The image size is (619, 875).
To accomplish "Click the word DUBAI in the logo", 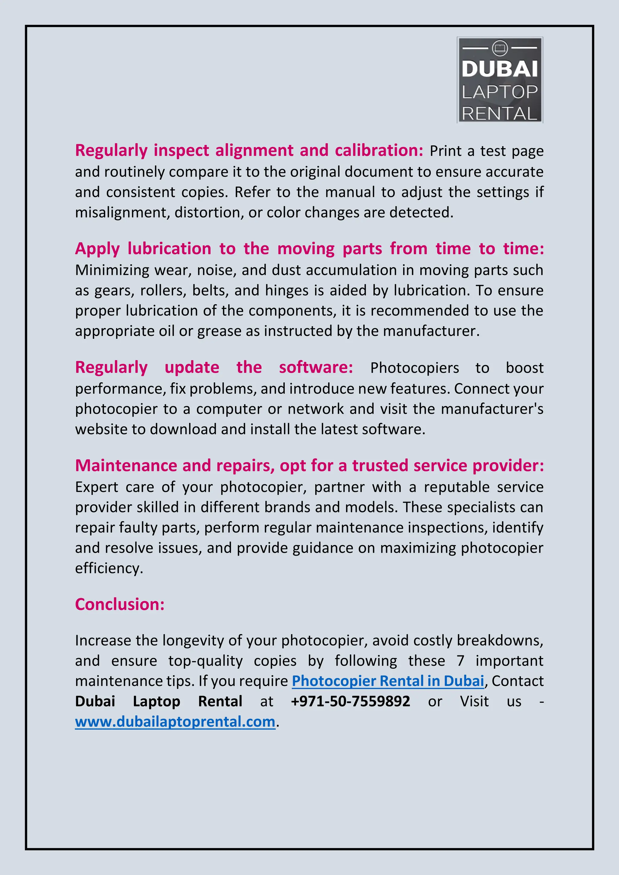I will coord(499,69).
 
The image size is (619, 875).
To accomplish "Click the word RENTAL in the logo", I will coord(499,114).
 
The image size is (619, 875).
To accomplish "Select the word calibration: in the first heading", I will coord(379,150).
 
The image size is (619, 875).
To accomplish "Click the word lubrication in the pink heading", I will coord(169,249).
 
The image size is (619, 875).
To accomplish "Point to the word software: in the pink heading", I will coord(316,367).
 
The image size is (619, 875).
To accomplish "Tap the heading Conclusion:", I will coord(120,604).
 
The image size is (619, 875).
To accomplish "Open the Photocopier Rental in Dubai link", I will coord(388,681).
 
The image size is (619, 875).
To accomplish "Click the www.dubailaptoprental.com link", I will coord(175,722).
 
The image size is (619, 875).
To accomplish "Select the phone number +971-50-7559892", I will coord(350,701).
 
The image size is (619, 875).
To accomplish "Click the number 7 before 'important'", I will coord(460,661).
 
